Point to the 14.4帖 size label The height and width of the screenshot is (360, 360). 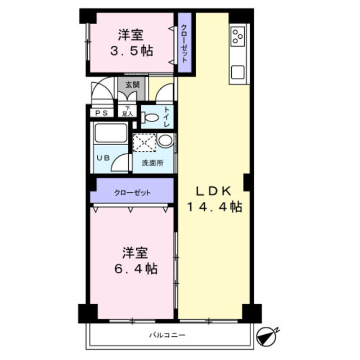point(214,207)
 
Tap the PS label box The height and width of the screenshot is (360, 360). point(102,113)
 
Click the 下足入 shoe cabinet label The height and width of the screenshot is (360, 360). point(128,111)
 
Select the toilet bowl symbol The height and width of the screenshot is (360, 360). point(150,118)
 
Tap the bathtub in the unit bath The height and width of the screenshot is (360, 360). point(110,134)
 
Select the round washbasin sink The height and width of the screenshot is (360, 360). point(165,141)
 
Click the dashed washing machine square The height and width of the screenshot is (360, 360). point(143,142)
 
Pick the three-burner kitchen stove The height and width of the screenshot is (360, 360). point(237,37)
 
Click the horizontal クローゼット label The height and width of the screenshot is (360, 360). point(132,193)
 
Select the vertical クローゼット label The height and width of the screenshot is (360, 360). point(184,42)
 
